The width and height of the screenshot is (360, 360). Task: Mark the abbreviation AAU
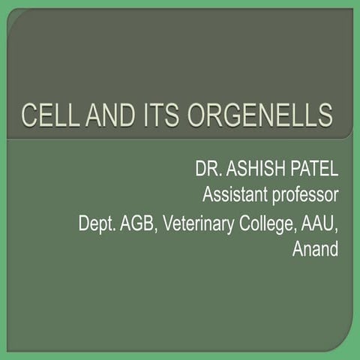[320, 223]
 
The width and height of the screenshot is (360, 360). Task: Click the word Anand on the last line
[315, 249]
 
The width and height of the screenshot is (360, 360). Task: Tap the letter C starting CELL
[29, 116]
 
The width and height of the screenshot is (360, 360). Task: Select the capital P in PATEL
[289, 170]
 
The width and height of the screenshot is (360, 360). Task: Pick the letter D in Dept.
[85, 223]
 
